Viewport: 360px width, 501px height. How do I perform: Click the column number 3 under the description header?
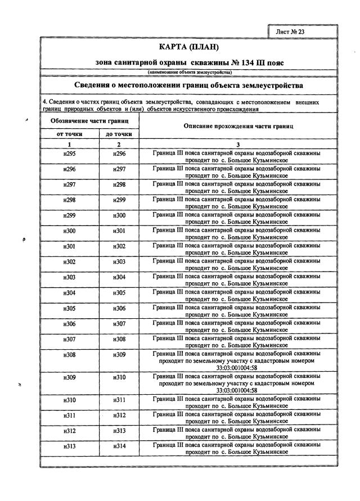coord(238,144)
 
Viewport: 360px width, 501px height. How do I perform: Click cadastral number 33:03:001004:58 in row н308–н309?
coord(237,368)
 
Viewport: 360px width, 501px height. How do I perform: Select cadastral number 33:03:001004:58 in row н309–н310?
coord(237,390)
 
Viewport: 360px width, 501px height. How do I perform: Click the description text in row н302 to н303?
coord(237,265)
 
